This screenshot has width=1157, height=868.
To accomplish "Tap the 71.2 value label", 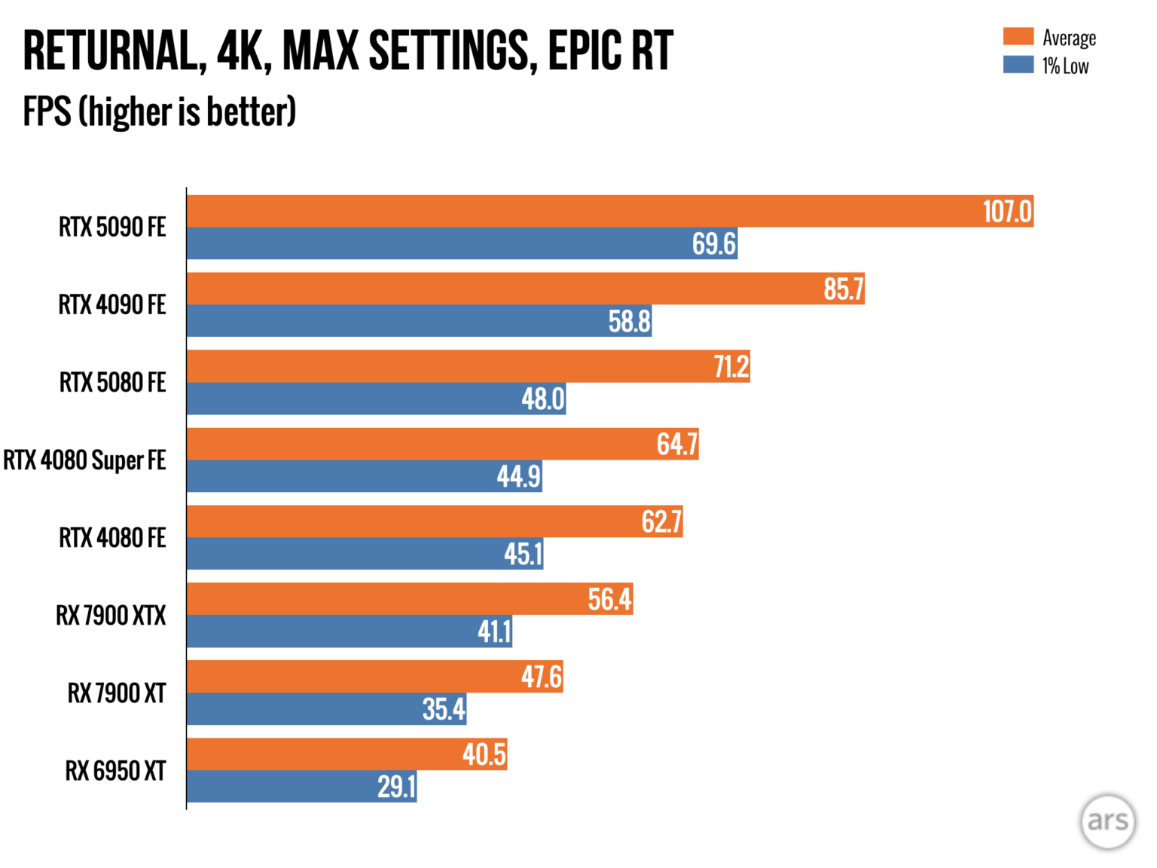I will [x=731, y=367].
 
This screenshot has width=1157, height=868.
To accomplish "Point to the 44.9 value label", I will [x=518, y=476].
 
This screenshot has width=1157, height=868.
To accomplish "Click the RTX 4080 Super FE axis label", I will [x=84, y=460].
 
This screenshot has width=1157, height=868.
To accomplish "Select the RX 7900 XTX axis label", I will [x=111, y=616].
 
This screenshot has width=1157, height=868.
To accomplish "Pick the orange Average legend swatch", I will [x=1018, y=37].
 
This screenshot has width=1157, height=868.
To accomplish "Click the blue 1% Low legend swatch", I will [x=1018, y=65].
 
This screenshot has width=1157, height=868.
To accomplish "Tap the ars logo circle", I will [x=1107, y=821].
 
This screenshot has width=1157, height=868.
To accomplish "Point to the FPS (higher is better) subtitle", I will [x=160, y=112].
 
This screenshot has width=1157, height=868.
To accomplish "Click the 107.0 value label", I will [x=1007, y=212].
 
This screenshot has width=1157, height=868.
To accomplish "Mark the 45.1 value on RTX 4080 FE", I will [x=523, y=555].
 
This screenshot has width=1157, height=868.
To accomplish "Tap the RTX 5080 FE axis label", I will [x=112, y=383].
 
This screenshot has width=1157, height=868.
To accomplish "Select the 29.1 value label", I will [x=396, y=787].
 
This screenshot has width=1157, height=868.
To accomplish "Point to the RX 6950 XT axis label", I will [x=115, y=771].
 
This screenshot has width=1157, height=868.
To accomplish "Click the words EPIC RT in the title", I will [x=610, y=51].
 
